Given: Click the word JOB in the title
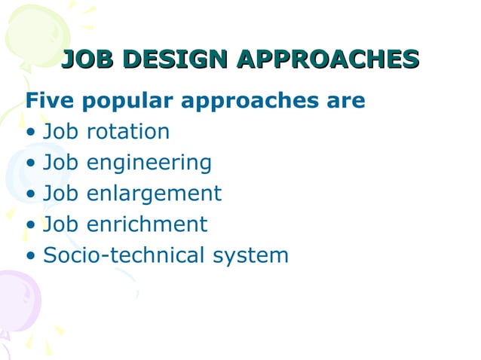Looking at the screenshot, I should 87,59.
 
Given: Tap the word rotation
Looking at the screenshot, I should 128,132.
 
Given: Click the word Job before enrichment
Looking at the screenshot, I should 62,224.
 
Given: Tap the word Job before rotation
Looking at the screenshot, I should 62,132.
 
